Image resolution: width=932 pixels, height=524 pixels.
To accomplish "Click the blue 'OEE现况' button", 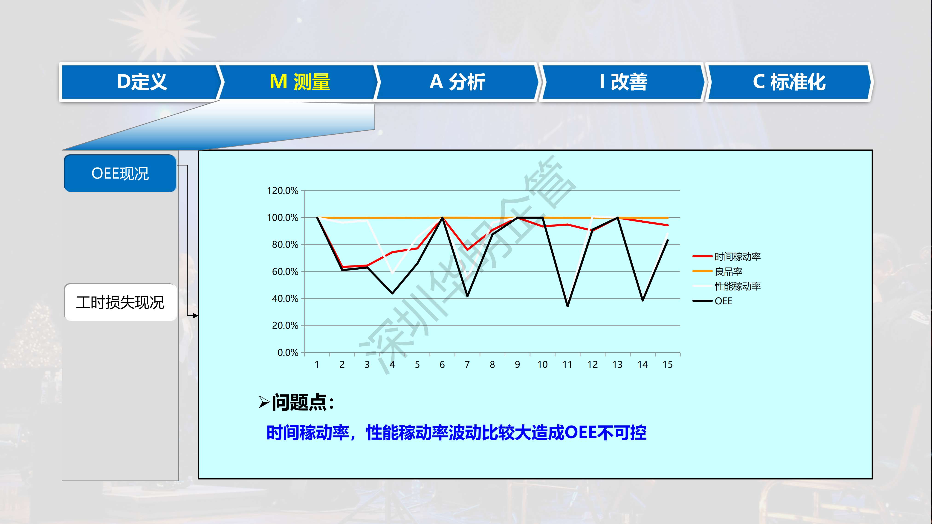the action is (x=120, y=173).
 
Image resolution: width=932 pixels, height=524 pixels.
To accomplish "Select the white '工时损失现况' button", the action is (x=120, y=302).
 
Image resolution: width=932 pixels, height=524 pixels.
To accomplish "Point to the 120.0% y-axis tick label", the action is (x=283, y=191).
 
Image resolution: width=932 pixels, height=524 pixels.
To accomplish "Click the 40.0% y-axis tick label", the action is (x=285, y=299).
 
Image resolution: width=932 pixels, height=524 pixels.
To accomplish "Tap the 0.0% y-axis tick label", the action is (x=288, y=353).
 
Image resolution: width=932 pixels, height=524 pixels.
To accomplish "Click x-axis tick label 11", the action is (x=567, y=365).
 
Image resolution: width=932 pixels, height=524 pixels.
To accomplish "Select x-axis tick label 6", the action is (x=442, y=365).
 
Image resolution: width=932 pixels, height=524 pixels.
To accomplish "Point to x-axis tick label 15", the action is (x=668, y=365).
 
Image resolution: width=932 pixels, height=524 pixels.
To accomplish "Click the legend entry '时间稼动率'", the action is (x=726, y=256).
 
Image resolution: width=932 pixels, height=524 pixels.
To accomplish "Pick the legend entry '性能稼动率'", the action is (x=726, y=286).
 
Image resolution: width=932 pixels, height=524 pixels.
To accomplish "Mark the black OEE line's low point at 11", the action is (x=567, y=306).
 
